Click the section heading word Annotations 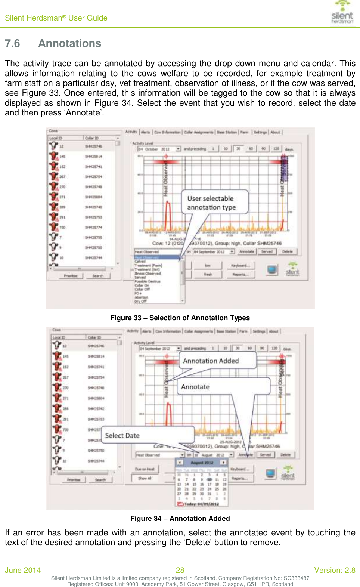tap(69, 44)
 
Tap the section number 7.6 tap(12, 44)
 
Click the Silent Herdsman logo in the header tap(342, 13)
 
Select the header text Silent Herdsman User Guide tap(56, 18)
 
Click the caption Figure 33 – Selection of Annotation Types tap(180, 318)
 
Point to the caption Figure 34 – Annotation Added tap(180, 519)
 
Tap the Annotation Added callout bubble tap(217, 361)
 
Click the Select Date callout tap(148, 435)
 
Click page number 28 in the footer tap(180, 570)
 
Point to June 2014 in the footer tap(23, 570)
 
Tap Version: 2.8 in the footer tap(335, 570)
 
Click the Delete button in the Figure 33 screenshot tap(287, 252)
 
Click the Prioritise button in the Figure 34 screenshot tap(74, 480)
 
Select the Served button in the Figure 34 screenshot tap(266, 455)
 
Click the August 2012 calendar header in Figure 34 tap(202, 463)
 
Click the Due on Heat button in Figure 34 tap(145, 469)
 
